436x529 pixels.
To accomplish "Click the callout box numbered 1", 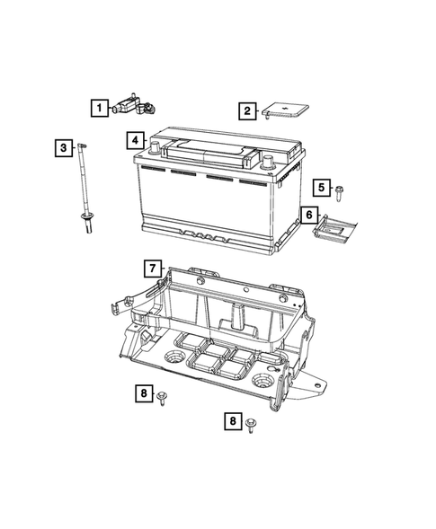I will pyautogui.click(x=98, y=109).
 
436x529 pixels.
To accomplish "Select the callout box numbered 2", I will pyautogui.click(x=245, y=111).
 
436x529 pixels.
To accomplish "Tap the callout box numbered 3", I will pyautogui.click(x=62, y=148).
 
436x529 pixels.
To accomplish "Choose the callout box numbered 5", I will pyautogui.click(x=321, y=187).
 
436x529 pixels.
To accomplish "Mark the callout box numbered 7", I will pyautogui.click(x=154, y=268).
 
